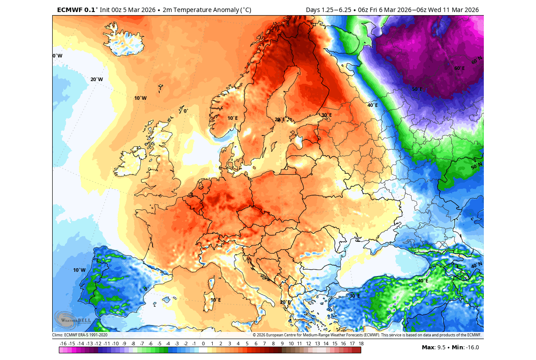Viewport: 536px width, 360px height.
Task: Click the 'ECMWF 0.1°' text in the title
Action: [76, 10]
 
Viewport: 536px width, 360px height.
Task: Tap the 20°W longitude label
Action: [97, 80]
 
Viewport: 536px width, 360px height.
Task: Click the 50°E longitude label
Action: [417, 89]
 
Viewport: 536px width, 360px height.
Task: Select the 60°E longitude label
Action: [459, 69]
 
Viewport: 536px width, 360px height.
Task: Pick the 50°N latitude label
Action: [477, 166]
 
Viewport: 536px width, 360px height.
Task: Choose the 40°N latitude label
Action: [477, 266]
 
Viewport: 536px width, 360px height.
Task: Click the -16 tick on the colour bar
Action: [63, 344]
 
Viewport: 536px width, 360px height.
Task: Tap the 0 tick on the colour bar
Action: [203, 344]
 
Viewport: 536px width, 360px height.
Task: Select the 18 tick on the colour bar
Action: [361, 344]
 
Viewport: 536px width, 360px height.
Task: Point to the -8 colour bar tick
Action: [133, 344]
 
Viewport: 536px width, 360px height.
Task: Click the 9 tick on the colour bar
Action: [282, 344]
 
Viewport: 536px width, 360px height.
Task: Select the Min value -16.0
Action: [471, 348]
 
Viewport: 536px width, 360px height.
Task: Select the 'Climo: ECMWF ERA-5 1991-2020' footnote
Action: [80, 335]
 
